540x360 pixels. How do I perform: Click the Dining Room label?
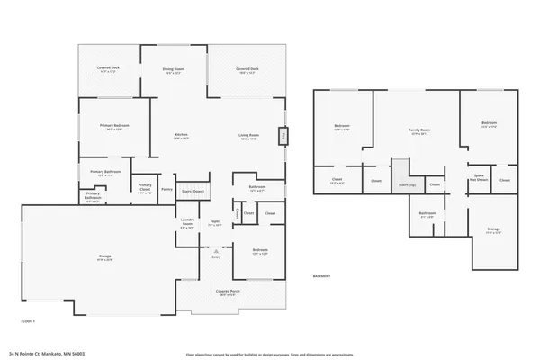[174, 70]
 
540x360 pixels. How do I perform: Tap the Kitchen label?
[181, 137]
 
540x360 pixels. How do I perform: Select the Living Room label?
[248, 137]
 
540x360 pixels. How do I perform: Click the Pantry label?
[166, 189]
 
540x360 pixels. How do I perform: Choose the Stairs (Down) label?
[193, 191]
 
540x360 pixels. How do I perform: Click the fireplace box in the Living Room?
[284, 136]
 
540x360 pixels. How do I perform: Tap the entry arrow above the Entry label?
[216, 249]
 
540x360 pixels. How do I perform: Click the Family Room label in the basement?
[419, 131]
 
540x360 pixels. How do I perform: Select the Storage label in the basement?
[493, 230]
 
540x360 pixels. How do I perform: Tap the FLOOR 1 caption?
[29, 319]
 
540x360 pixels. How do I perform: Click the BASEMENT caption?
[321, 275]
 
